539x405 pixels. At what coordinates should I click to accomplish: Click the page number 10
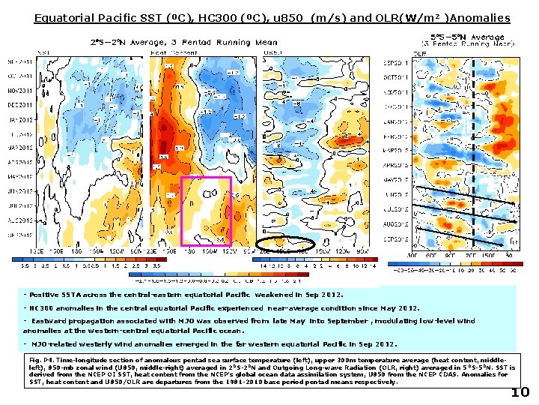pyautogui.click(x=520, y=393)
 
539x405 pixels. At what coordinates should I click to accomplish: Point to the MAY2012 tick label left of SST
pyautogui.click(x=20, y=176)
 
